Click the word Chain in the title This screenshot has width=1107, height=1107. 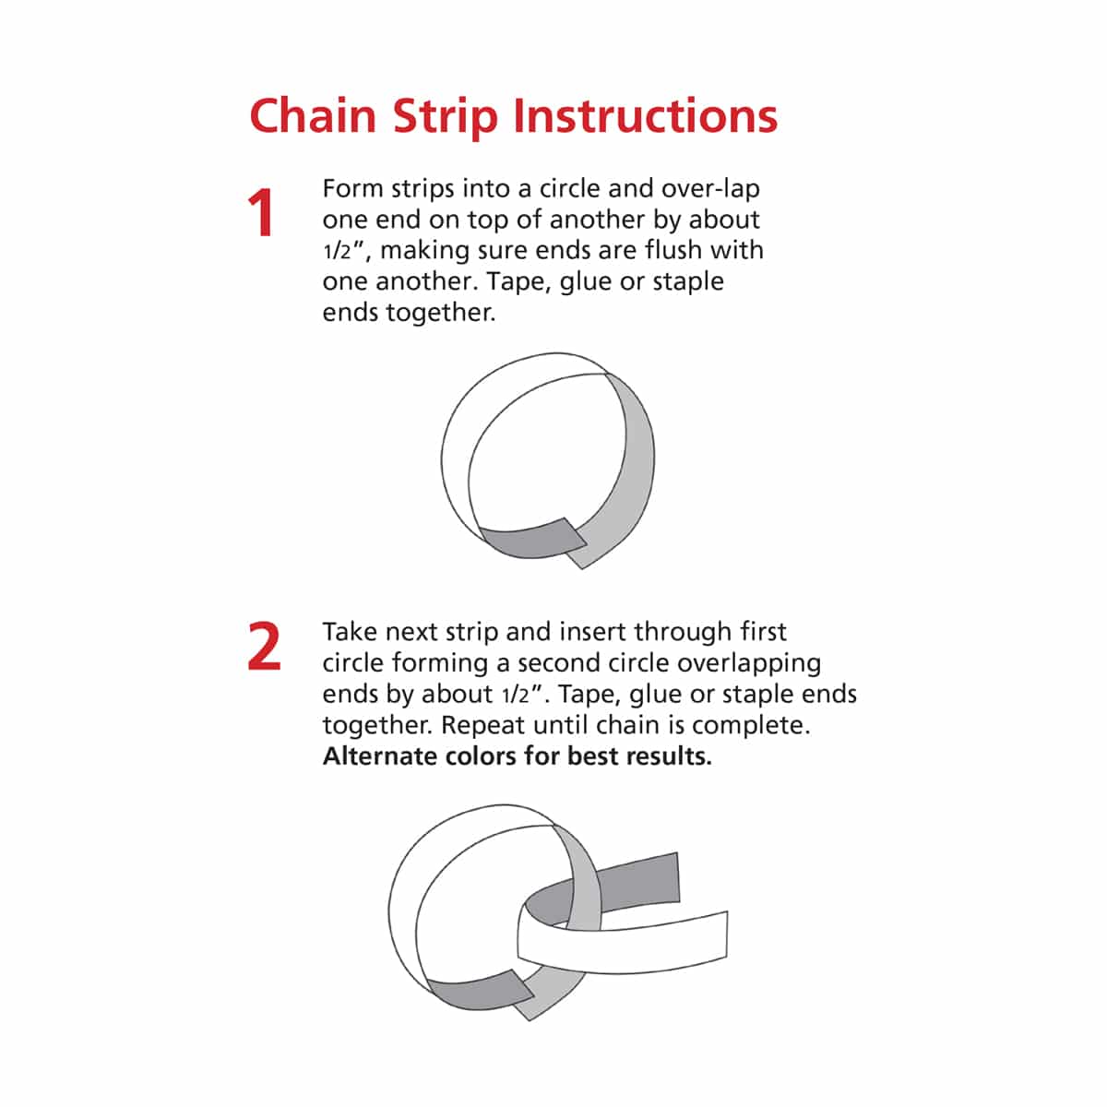(313, 116)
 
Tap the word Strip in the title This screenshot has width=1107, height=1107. (446, 118)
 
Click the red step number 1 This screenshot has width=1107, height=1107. (261, 212)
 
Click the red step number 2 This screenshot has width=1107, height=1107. (264, 647)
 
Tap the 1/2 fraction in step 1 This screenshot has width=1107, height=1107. (337, 251)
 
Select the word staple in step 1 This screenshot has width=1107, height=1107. (688, 282)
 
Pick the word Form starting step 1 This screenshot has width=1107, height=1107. (352, 188)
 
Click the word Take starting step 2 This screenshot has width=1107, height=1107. (351, 632)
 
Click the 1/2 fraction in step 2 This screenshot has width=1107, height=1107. (516, 696)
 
